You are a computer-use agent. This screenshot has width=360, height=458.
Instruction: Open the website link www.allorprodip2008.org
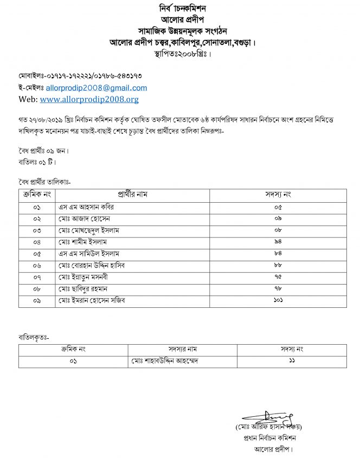[x=89, y=99]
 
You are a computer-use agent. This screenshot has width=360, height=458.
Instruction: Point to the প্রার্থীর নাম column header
[x=133, y=195]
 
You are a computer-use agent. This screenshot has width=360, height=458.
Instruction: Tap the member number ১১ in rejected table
[x=292, y=362]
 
